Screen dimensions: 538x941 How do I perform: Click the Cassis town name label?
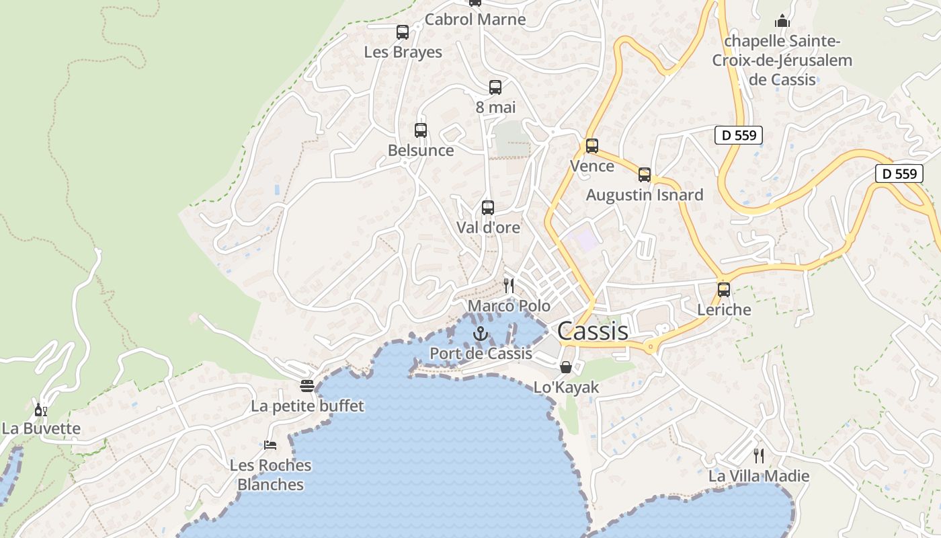(x=593, y=331)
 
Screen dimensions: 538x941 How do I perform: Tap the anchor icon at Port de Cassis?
(x=480, y=334)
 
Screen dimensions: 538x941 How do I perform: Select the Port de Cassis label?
(x=481, y=354)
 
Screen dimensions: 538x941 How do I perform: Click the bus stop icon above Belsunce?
(x=421, y=130)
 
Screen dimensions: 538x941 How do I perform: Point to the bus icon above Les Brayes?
(x=403, y=32)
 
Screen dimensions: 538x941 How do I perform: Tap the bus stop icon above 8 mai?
(x=495, y=87)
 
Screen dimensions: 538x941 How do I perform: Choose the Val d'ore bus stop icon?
(x=488, y=208)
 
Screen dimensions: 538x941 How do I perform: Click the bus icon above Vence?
(x=592, y=146)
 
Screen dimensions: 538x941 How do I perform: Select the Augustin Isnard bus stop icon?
(x=645, y=175)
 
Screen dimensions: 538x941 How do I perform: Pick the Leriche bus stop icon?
(x=724, y=290)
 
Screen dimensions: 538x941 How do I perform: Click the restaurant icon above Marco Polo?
(x=509, y=286)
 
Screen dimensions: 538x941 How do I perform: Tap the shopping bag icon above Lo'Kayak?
(x=566, y=367)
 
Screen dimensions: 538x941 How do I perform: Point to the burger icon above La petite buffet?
(x=307, y=386)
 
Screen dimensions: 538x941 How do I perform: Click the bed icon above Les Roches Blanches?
(x=270, y=445)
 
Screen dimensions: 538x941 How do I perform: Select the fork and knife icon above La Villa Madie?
(x=759, y=456)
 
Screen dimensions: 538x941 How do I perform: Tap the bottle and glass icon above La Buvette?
(x=41, y=410)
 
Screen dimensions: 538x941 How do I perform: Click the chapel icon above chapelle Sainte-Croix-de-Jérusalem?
(x=782, y=21)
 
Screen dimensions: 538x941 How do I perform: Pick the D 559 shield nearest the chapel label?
(x=739, y=135)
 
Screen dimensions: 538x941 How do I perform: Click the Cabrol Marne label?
(x=475, y=20)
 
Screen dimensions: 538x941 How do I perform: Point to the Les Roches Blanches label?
(x=271, y=475)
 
